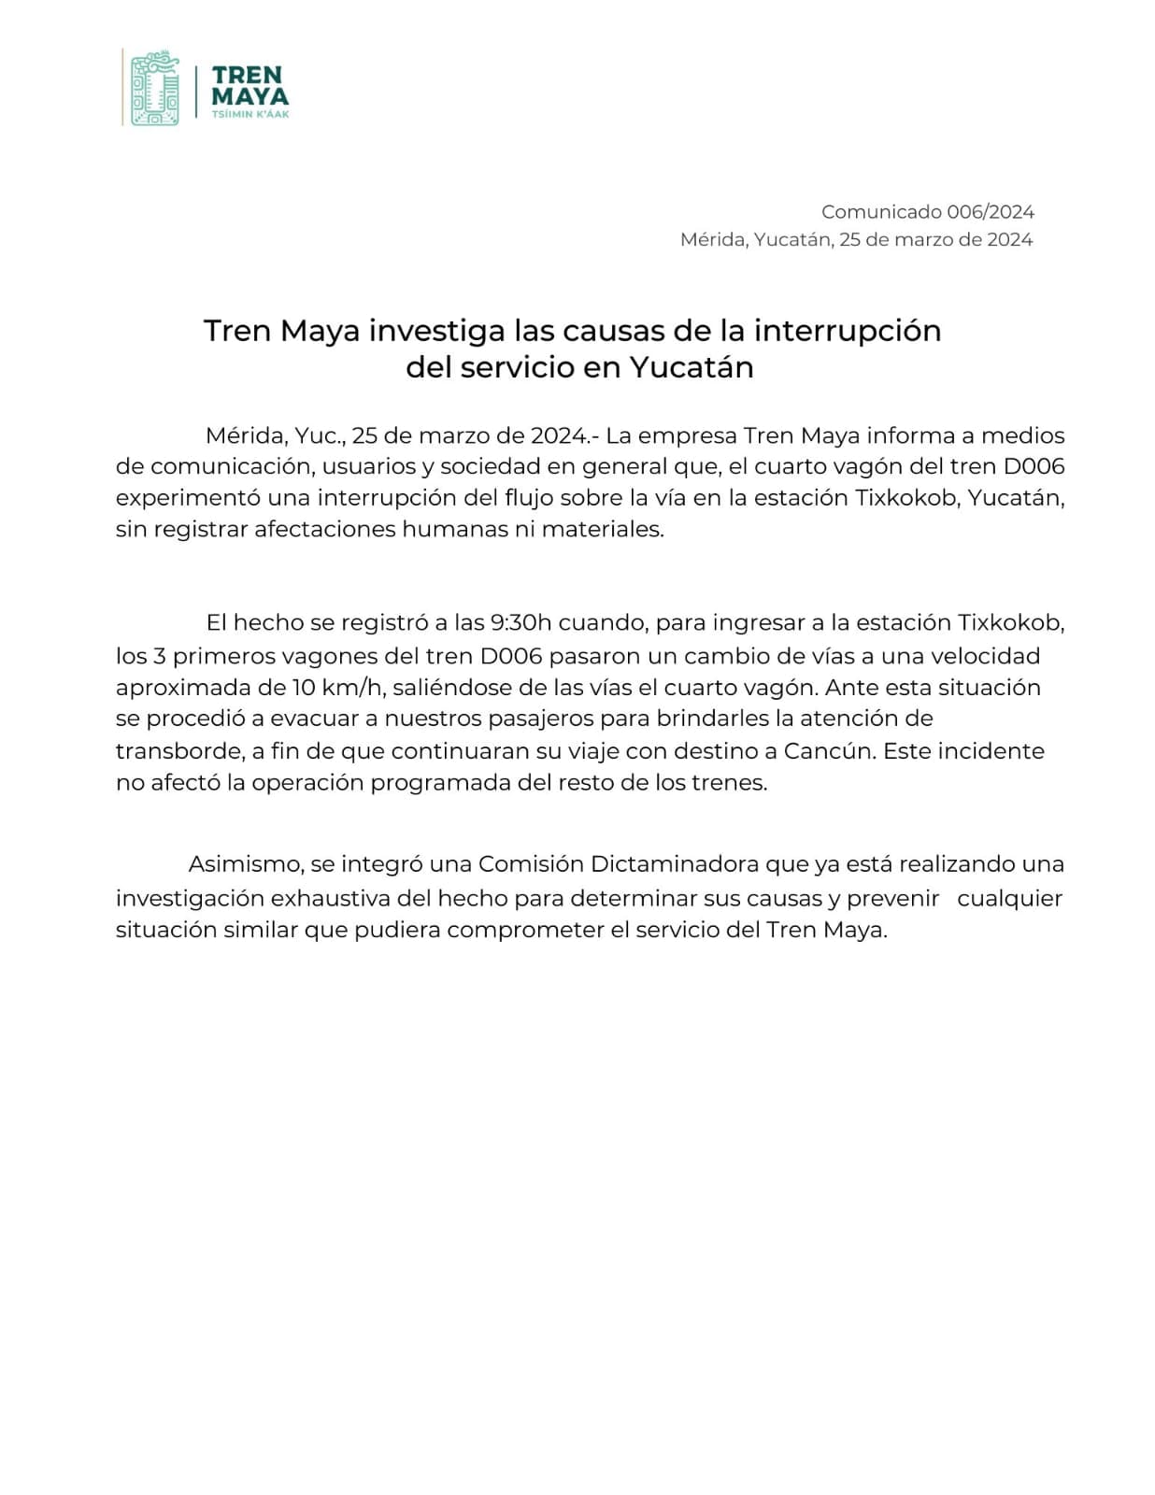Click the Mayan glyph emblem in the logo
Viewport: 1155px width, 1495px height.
pos(155,88)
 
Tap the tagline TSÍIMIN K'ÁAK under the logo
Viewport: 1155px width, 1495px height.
pos(250,114)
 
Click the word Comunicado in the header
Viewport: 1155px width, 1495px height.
pos(880,212)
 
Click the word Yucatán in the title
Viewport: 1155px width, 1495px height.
pos(691,367)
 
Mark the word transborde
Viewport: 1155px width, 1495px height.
pos(178,751)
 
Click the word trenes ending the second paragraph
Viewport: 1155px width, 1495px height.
pos(729,783)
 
